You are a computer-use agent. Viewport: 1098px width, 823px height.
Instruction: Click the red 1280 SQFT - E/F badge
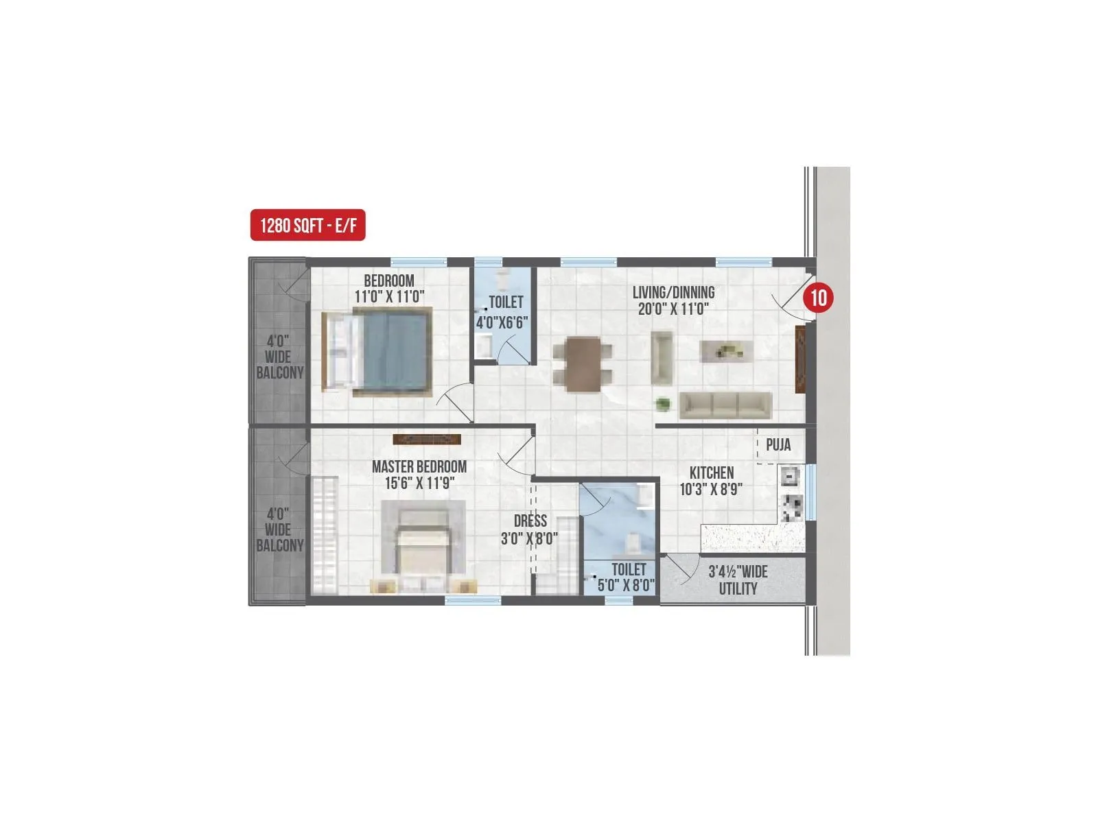click(x=307, y=225)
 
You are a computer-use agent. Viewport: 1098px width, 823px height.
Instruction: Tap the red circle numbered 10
click(x=818, y=298)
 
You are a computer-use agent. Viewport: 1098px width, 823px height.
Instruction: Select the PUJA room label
click(x=778, y=445)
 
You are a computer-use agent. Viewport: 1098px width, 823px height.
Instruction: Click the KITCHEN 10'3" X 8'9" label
click(x=711, y=481)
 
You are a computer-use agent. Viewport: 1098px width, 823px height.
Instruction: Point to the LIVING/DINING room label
click(x=673, y=293)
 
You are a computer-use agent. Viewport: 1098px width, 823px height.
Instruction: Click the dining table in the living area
click(x=583, y=364)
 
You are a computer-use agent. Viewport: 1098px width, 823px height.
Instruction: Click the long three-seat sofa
click(x=725, y=405)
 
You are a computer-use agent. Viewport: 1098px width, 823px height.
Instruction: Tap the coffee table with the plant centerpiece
click(x=725, y=352)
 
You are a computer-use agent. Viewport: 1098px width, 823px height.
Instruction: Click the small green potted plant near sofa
click(x=663, y=404)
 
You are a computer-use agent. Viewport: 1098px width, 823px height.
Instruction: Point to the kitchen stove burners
click(x=793, y=507)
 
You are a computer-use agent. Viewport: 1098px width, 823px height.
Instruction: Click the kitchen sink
click(x=789, y=475)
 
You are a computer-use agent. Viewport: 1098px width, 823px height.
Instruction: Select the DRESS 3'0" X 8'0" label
click(x=529, y=530)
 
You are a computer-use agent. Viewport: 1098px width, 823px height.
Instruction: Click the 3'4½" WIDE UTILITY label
click(x=738, y=580)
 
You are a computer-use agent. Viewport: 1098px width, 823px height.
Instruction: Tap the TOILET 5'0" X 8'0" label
click(x=627, y=577)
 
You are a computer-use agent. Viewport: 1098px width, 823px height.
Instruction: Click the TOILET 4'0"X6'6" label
click(x=503, y=313)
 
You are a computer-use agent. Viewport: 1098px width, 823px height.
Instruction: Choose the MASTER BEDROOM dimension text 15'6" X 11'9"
click(x=419, y=484)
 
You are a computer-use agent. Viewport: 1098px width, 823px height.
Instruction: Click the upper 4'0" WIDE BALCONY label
click(x=279, y=357)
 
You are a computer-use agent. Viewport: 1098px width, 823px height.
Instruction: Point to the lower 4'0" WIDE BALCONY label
click(x=279, y=529)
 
